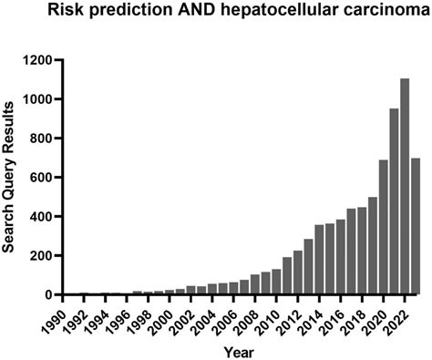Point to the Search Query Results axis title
[11, 178]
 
